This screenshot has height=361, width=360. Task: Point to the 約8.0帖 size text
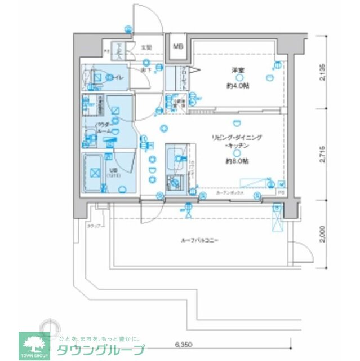click(238, 160)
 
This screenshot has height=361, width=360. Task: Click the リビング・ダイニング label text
click(237, 138)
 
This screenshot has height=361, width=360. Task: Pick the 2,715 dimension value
click(322, 153)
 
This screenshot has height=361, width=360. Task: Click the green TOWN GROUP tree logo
click(34, 344)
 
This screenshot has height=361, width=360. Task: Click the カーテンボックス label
click(228, 193)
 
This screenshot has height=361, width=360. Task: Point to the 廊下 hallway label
click(145, 69)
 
